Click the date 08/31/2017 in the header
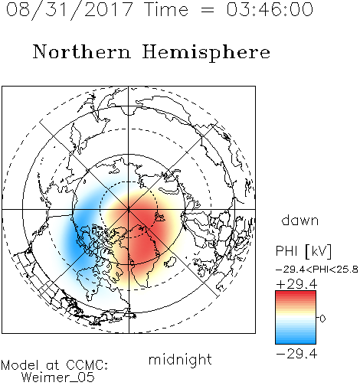click(69, 10)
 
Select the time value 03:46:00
click(270, 9)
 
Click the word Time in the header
click(166, 9)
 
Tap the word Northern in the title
click(82, 51)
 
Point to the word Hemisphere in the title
click(206, 53)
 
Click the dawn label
click(300, 220)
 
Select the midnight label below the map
click(180, 359)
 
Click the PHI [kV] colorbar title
click(303, 251)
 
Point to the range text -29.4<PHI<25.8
click(317, 270)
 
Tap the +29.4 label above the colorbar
click(296, 284)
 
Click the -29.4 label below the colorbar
click(296, 354)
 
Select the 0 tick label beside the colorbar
click(322, 319)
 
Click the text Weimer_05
click(58, 378)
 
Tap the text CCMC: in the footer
click(87, 365)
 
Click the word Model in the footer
click(20, 365)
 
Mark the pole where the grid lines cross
click(129, 209)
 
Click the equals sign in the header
click(207, 10)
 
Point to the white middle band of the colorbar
click(296, 318)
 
